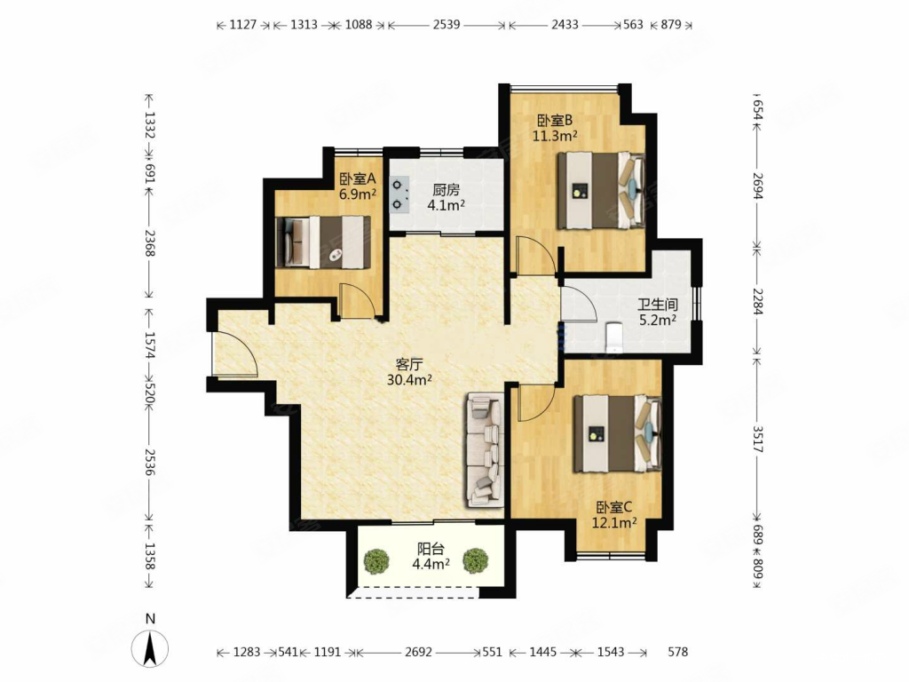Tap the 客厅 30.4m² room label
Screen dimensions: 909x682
pos(409,372)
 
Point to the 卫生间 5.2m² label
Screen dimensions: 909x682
pos(658,312)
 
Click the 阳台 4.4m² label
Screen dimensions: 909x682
pos(431,556)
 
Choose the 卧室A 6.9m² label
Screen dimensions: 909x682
pos(358,186)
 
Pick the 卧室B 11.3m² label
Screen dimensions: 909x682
pos(555,128)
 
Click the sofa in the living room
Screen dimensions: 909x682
pos(485,449)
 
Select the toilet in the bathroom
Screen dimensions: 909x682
pos(613,338)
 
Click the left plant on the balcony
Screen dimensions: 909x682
pos(376,561)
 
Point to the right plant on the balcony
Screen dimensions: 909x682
pos(476,561)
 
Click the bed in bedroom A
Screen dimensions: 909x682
pos(323,242)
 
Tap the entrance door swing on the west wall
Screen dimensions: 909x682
pos(234,352)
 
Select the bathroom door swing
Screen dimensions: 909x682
pos(579,302)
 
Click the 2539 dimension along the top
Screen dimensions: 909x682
pos(447,24)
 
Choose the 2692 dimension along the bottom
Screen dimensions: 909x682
pos(419,652)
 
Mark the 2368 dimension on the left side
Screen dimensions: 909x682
pos(150,243)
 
